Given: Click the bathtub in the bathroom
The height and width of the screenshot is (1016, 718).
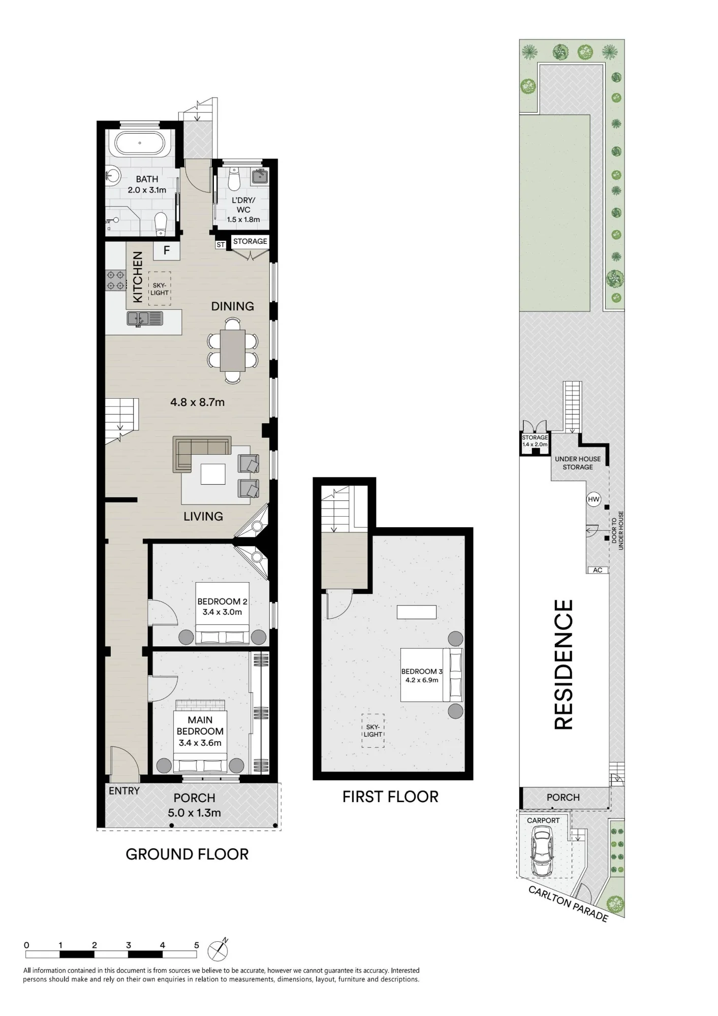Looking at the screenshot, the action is coord(140,144).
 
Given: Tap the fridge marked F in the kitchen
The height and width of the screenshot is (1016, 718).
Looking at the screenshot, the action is coord(166,250).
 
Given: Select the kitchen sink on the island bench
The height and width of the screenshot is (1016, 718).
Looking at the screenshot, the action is coord(145,319).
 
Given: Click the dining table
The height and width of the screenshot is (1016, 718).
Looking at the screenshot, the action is coord(233,350).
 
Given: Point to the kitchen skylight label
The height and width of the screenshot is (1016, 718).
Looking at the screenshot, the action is coord(160,289).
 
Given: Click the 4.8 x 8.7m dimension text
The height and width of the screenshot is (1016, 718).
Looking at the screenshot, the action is coord(197,402).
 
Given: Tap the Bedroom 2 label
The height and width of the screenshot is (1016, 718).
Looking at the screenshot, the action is coord(222,607).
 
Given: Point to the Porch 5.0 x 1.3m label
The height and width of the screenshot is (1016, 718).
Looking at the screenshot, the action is coord(194,805).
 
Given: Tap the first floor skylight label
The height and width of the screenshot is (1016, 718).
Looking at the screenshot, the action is coord(373,731).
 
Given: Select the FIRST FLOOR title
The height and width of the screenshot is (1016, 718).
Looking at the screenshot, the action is coord(390,797).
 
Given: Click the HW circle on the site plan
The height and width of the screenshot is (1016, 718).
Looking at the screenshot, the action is coord(594,499).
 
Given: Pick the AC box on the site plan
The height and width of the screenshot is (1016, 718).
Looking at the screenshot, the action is coord(598,570).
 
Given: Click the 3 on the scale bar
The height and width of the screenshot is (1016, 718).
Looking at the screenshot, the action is coord(129,945).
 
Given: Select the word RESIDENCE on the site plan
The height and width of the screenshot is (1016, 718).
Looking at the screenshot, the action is coord(563,664).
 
